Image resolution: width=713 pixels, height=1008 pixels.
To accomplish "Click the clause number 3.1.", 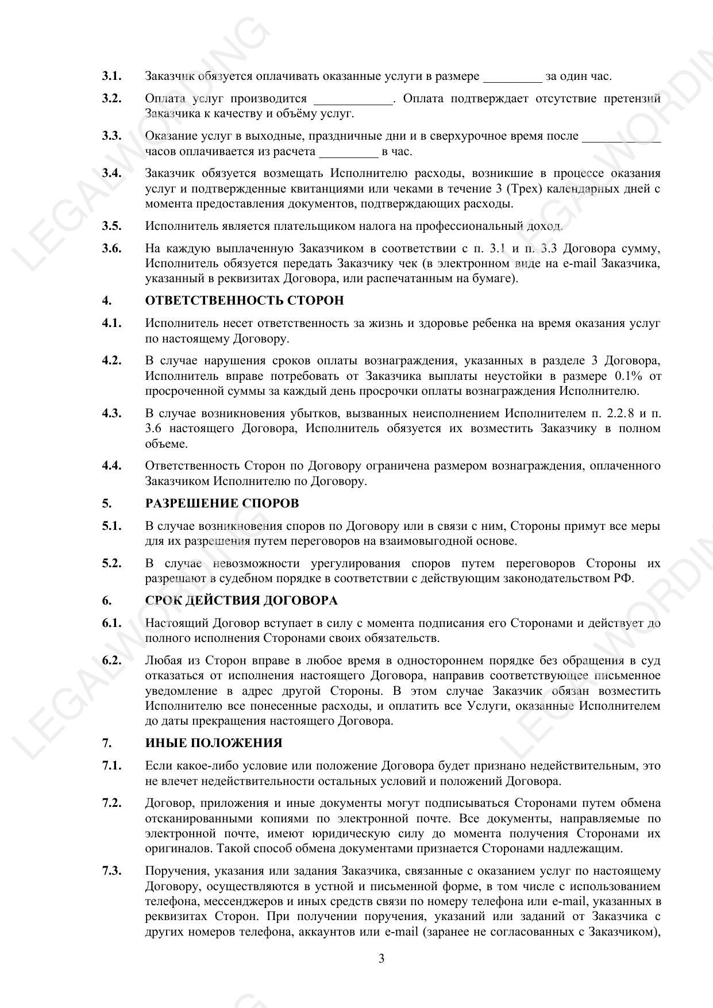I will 111,76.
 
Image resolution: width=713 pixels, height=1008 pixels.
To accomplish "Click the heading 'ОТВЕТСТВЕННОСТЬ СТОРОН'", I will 244,301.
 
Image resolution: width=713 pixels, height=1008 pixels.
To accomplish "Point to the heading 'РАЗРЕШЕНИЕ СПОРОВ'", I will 222,503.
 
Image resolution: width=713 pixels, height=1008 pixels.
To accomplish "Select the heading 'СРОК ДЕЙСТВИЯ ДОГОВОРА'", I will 241,601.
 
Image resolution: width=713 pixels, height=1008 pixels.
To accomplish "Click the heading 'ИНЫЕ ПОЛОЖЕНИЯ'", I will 214,743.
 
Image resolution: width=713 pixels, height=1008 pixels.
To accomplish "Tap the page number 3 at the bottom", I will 381,959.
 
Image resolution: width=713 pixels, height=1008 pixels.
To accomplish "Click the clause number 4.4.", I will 111,465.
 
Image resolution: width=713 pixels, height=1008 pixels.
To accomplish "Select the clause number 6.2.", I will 111,660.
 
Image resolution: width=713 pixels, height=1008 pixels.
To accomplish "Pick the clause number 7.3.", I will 111,871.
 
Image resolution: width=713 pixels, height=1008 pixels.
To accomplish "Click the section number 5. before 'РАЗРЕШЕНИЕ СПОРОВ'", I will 107,503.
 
